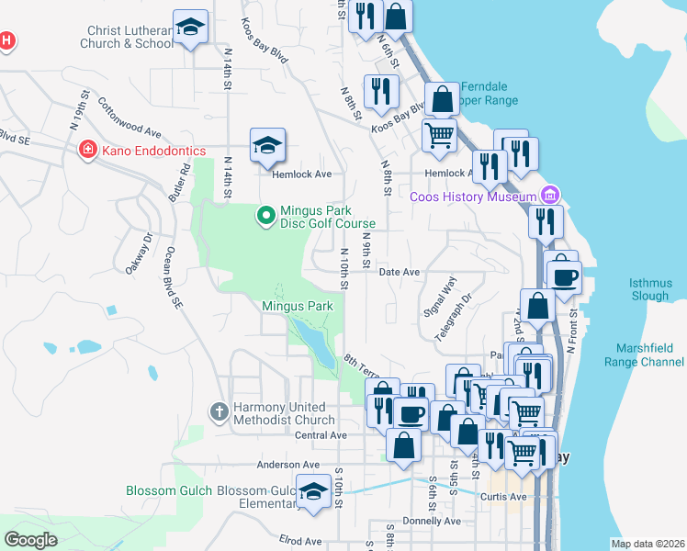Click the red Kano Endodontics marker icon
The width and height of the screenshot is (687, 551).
87,150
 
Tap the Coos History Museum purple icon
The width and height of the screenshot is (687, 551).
550,196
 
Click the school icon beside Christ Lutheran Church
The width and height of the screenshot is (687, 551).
190,28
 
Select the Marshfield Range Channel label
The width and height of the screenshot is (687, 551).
648,354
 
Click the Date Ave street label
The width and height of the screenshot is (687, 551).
399,273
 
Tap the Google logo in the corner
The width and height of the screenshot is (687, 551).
31,540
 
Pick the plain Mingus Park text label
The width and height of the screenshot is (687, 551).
297,306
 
